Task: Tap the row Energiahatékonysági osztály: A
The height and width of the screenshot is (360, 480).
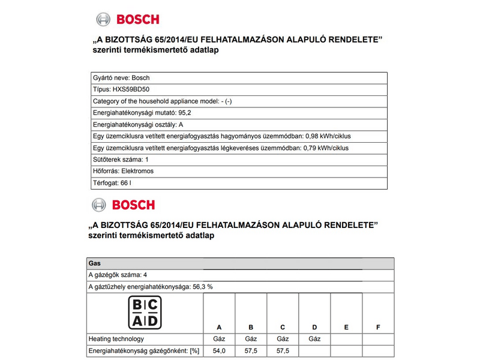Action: [137, 124]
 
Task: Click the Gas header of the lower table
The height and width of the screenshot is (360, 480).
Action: [94, 263]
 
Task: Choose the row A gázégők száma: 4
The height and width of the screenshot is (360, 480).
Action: [118, 275]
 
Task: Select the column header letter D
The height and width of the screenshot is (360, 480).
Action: [314, 327]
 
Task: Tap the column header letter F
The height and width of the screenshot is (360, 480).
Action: [377, 327]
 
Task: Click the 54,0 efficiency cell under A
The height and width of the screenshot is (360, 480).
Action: [219, 350]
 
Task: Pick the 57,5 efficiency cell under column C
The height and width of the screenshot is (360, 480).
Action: [283, 350]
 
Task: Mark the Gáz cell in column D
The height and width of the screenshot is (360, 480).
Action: [314, 339]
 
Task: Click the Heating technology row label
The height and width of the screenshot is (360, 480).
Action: [116, 339]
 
